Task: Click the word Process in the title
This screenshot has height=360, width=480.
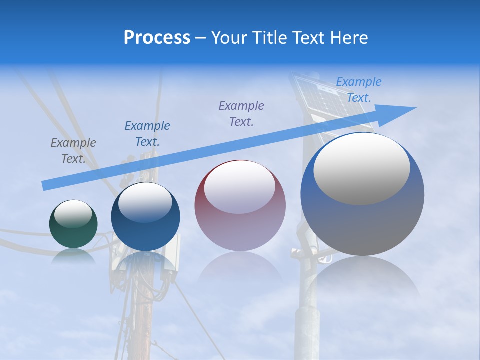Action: click(x=157, y=38)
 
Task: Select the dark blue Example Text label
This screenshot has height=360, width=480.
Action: click(x=147, y=134)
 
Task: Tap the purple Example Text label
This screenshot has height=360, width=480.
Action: click(x=241, y=113)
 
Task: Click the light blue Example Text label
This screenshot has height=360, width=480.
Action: click(x=359, y=90)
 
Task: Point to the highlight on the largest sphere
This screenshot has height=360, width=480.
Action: click(x=361, y=169)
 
